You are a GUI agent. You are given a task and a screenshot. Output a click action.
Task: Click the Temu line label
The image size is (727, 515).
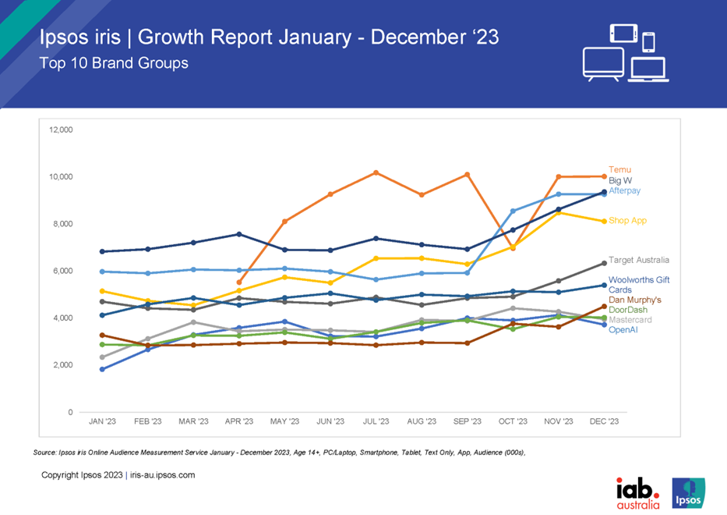pyautogui.click(x=620, y=169)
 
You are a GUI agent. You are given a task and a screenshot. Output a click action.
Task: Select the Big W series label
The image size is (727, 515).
pyautogui.click(x=620, y=180)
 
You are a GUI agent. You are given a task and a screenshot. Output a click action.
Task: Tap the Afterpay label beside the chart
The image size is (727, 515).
pyautogui.click(x=624, y=190)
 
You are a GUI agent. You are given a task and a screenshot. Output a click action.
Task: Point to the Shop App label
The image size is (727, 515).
pyautogui.click(x=627, y=221)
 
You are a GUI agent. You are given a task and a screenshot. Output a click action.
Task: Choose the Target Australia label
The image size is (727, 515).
pyautogui.click(x=639, y=260)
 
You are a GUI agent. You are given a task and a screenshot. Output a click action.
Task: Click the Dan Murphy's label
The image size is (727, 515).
pyautogui.click(x=635, y=300)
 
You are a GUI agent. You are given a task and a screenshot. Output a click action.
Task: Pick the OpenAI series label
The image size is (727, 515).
pyautogui.click(x=624, y=330)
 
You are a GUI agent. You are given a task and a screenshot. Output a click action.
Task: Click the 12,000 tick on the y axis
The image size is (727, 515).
pyautogui.click(x=62, y=129)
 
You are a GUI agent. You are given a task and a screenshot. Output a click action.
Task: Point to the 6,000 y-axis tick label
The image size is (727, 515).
pyautogui.click(x=63, y=271)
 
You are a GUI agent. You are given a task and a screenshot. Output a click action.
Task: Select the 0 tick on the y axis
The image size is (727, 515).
pyautogui.click(x=70, y=412)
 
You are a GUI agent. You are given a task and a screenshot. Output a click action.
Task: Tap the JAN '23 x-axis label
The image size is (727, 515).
pyautogui.click(x=102, y=421)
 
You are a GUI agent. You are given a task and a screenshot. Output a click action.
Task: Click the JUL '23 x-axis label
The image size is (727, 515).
pyautogui.click(x=376, y=421)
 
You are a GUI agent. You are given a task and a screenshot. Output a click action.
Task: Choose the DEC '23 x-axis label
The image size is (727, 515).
pyautogui.click(x=604, y=421)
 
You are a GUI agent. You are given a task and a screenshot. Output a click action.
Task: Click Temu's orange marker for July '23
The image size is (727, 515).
pyautogui.click(x=376, y=172)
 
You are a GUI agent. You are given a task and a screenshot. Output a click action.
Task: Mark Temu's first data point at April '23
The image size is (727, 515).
pyautogui.click(x=239, y=282)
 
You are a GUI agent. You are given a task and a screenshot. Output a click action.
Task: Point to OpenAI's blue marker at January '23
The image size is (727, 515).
pyautogui.click(x=102, y=369)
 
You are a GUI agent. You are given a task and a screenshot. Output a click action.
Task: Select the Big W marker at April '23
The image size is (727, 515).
pyautogui.click(x=239, y=234)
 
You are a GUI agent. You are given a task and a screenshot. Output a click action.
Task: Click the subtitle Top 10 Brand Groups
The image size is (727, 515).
pyautogui.click(x=114, y=63)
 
